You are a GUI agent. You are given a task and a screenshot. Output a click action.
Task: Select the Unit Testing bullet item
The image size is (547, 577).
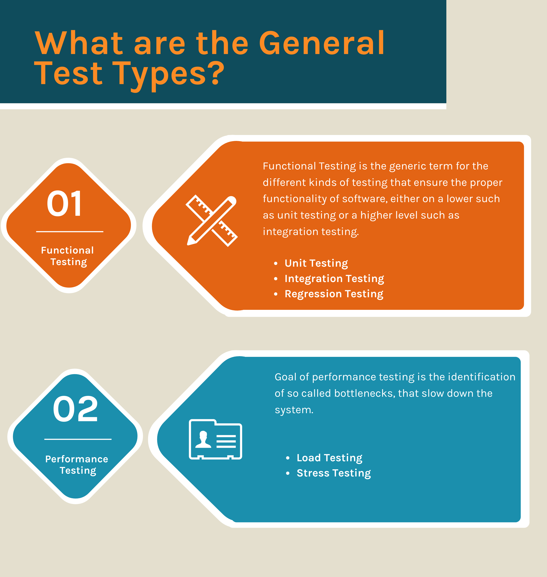click(x=316, y=263)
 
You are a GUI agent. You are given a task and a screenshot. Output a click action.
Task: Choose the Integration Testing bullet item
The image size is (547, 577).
click(x=334, y=279)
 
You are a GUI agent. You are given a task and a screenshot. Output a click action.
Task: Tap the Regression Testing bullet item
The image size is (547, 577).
click(x=334, y=294)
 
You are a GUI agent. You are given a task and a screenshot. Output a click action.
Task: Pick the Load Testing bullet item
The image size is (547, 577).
click(x=329, y=458)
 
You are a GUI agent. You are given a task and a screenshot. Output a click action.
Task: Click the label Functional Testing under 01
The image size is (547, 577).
click(x=68, y=256)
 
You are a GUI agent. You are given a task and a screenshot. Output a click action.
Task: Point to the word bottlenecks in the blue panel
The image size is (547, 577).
click(x=364, y=394)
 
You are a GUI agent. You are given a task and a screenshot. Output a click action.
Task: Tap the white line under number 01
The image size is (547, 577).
click(x=70, y=231)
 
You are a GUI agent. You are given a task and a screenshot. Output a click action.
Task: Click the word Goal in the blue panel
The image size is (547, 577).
click(x=285, y=377)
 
